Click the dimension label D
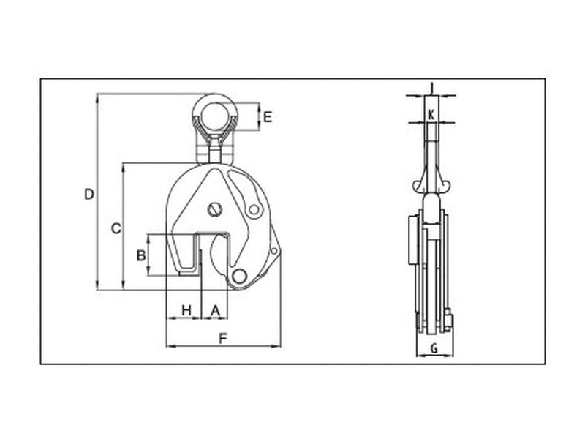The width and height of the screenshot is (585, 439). pyautogui.click(x=88, y=194)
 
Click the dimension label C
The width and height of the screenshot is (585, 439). pyautogui.click(x=115, y=228)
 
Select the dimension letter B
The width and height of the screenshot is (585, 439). pyautogui.click(x=140, y=255)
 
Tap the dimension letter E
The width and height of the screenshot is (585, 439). pyautogui.click(x=268, y=117)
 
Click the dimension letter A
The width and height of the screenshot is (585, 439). pyautogui.click(x=214, y=310)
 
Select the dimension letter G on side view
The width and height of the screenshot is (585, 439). pyautogui.click(x=434, y=348)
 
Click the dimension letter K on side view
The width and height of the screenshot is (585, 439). pyautogui.click(x=431, y=114)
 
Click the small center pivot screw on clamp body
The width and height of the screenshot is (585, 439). pyautogui.click(x=214, y=209)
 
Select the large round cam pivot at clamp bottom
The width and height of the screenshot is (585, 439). pyautogui.click(x=237, y=277)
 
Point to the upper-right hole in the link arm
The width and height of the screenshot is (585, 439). pyautogui.click(x=254, y=210)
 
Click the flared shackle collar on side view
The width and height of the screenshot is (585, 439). pyautogui.click(x=431, y=183)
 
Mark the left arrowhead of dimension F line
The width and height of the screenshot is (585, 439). pyautogui.click(x=170, y=345)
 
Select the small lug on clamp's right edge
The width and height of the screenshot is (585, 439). pyautogui.click(x=274, y=251)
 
